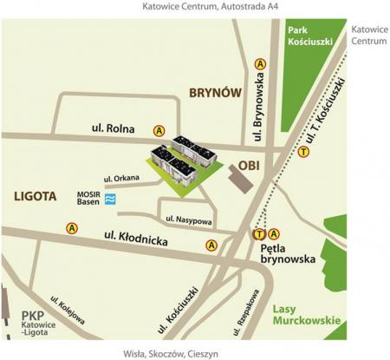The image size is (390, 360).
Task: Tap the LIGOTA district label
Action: coord(36,197)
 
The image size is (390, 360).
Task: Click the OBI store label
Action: coord(250,161)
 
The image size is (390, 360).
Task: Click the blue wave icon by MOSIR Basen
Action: coord(108,200)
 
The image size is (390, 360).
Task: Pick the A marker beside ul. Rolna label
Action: coord(159,130)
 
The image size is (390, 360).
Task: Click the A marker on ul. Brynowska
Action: coord(260,63)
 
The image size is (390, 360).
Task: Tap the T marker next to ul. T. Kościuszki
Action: coord(303,152)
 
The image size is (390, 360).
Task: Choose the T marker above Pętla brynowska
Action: coord(258,232)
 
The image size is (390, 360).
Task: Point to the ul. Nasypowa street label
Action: coord(187,218)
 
